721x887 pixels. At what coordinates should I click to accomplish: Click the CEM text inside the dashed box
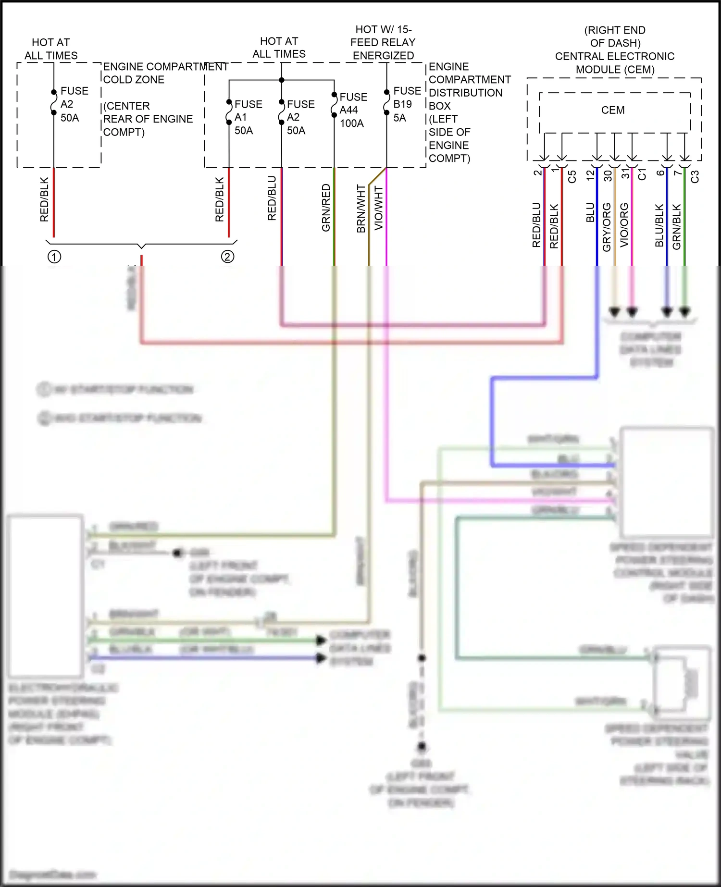tap(613, 110)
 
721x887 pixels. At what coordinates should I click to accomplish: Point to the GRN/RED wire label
tap(326, 208)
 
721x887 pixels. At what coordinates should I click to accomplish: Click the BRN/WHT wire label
tap(361, 209)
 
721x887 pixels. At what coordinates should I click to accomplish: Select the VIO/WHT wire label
tap(379, 208)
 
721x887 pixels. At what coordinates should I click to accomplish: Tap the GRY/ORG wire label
tap(607, 227)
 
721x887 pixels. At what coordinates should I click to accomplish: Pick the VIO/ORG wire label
tap(624, 225)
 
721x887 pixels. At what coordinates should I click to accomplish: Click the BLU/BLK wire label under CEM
tap(659, 226)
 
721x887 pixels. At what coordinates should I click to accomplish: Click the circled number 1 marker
tap(54, 257)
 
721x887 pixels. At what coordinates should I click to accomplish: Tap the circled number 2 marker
tap(227, 257)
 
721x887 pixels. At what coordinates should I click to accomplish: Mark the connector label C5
tap(572, 177)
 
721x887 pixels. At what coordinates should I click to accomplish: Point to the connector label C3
tap(695, 177)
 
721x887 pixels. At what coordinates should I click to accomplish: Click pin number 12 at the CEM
tap(590, 175)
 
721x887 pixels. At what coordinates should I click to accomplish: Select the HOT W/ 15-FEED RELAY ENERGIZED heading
tap(383, 42)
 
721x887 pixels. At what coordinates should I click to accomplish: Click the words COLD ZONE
tap(134, 80)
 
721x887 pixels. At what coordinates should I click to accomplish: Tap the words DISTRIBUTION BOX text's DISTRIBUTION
tap(465, 93)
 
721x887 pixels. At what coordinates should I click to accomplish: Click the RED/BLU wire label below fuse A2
tap(272, 198)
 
